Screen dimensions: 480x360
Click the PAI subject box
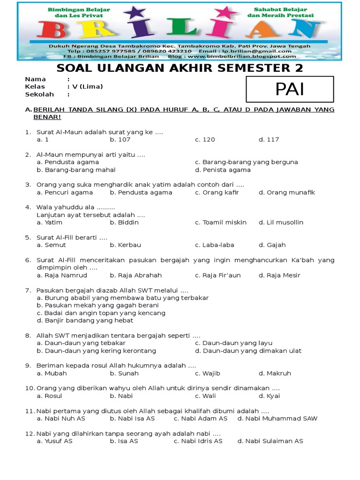coord(290,89)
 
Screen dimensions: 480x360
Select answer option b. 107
coord(120,140)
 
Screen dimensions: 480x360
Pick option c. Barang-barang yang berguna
coord(247,162)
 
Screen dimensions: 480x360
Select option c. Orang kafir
coord(217,192)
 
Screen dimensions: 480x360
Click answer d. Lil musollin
coord(281,222)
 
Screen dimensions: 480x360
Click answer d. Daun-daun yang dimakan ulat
coord(248,351)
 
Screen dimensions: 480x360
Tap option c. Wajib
coord(208,374)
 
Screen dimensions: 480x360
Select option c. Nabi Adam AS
coord(201,419)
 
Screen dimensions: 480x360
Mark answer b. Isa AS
coord(124,441)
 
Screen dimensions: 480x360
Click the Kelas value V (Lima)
coord(87,87)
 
